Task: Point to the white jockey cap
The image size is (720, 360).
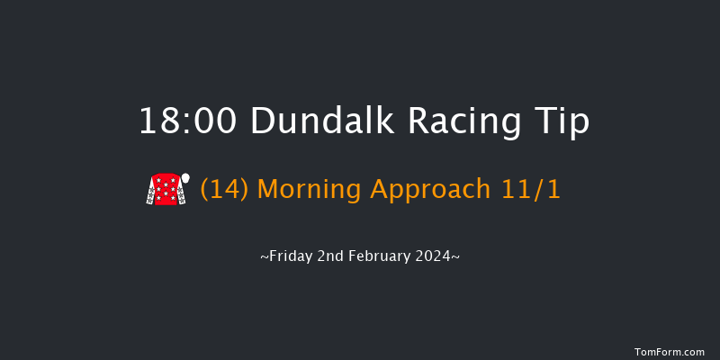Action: click(x=185, y=178)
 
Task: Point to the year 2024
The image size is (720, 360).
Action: click(x=437, y=256)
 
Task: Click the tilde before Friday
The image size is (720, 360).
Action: click(x=264, y=257)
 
